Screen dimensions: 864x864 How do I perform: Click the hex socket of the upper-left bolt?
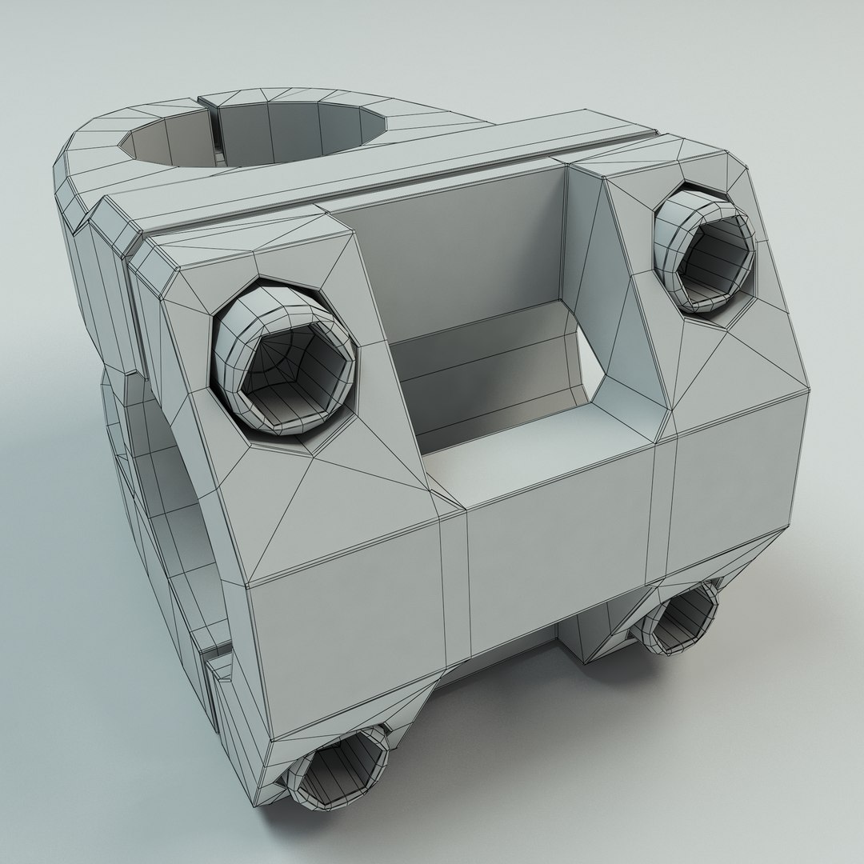294,370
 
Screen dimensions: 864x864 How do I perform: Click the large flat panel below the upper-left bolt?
344,632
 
